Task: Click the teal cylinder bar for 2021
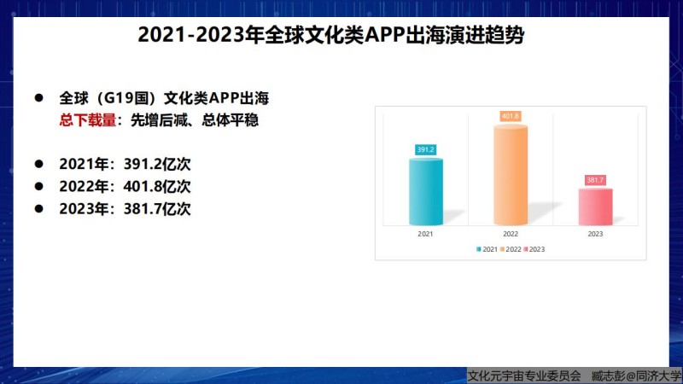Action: click(425, 191)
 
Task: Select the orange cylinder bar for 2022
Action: click(511, 175)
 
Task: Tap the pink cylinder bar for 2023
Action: click(595, 207)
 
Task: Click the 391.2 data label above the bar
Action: click(425, 150)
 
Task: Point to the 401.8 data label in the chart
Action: click(511, 116)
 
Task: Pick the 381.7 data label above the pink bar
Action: click(595, 180)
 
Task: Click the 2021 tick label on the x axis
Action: click(425, 234)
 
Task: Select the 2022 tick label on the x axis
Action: click(511, 234)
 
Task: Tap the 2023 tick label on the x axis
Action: click(595, 234)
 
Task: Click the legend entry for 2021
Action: click(487, 249)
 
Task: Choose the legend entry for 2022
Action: click(511, 249)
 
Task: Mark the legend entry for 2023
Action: click(534, 249)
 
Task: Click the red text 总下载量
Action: click(88, 119)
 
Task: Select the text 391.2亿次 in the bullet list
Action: click(157, 164)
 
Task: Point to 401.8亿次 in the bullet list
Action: click(157, 186)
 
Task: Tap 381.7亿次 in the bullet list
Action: click(157, 209)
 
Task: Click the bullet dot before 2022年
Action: click(39, 186)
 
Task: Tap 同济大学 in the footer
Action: click(659, 375)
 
